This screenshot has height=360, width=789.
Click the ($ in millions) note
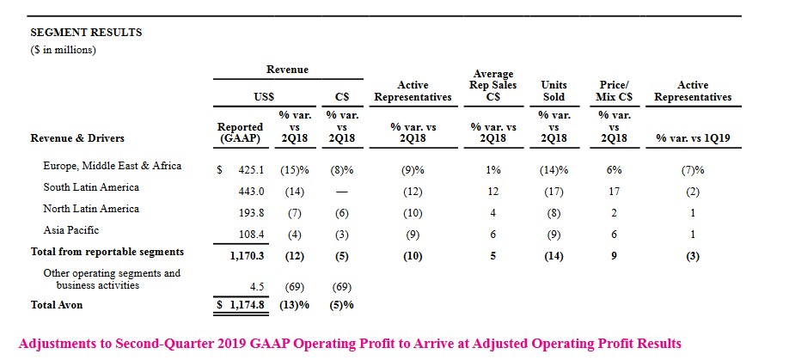(63, 49)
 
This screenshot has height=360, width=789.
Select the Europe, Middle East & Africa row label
(113, 166)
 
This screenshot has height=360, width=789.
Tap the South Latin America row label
(91, 187)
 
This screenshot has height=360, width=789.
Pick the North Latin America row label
(91, 209)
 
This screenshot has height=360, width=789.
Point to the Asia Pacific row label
(72, 230)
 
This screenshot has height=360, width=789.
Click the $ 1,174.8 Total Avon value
(240, 304)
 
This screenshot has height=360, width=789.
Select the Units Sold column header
(554, 91)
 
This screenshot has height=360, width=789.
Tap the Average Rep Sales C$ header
(492, 86)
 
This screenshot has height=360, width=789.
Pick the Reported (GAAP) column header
(241, 132)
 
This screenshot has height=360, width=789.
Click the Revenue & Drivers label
(77, 137)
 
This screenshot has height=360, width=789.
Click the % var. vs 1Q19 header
(693, 137)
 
